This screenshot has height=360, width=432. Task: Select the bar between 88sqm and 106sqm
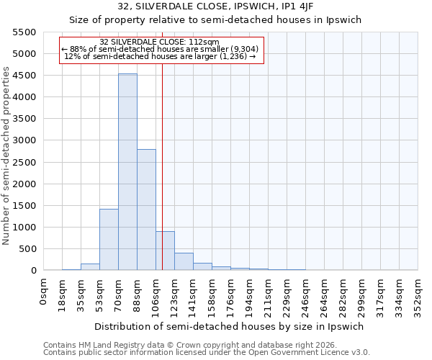146,210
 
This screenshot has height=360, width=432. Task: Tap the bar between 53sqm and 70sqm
109,239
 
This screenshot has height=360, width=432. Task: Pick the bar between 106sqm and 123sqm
165,251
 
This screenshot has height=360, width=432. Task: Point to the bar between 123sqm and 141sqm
184,261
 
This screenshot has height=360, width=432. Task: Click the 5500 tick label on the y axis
24,32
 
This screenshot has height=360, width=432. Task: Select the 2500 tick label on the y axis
24,162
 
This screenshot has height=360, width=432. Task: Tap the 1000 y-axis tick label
24,228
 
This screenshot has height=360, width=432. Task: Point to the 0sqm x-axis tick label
44,292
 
